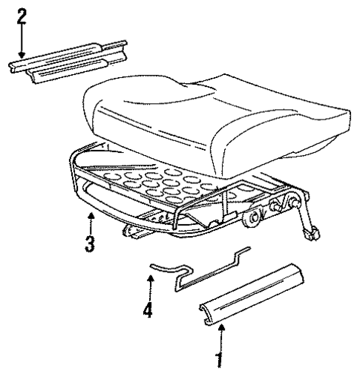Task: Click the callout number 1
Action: click(x=218, y=361)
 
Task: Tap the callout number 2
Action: click(x=22, y=16)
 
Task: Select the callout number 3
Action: click(x=90, y=243)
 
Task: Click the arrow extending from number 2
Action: click(x=22, y=45)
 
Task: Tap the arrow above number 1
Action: click(x=219, y=334)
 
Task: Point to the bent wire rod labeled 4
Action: click(x=200, y=268)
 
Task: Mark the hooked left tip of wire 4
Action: click(x=152, y=263)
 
